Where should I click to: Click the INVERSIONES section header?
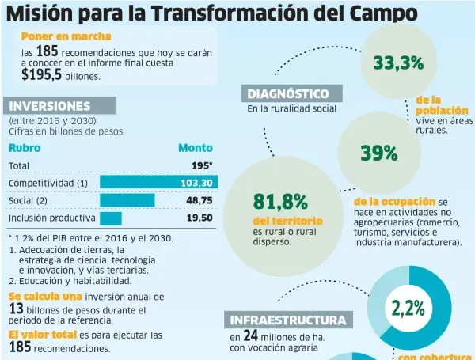point(50,105)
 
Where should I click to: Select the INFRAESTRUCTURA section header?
point(287,320)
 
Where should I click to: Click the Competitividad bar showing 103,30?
point(158,183)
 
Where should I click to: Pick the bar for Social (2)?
point(127,200)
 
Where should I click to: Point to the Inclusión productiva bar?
point(111,218)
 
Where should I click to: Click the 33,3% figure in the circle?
point(398,63)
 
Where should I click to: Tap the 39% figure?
point(378,153)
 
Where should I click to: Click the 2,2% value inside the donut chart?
point(408,308)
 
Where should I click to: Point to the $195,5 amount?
point(42,74)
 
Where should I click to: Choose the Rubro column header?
point(25,147)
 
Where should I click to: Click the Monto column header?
point(195,147)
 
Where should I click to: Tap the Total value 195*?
point(202,165)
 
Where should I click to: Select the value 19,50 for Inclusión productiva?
point(199,218)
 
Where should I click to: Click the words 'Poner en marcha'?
point(66,36)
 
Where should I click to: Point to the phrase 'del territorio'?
point(287,221)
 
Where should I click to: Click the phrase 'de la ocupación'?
point(394,202)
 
